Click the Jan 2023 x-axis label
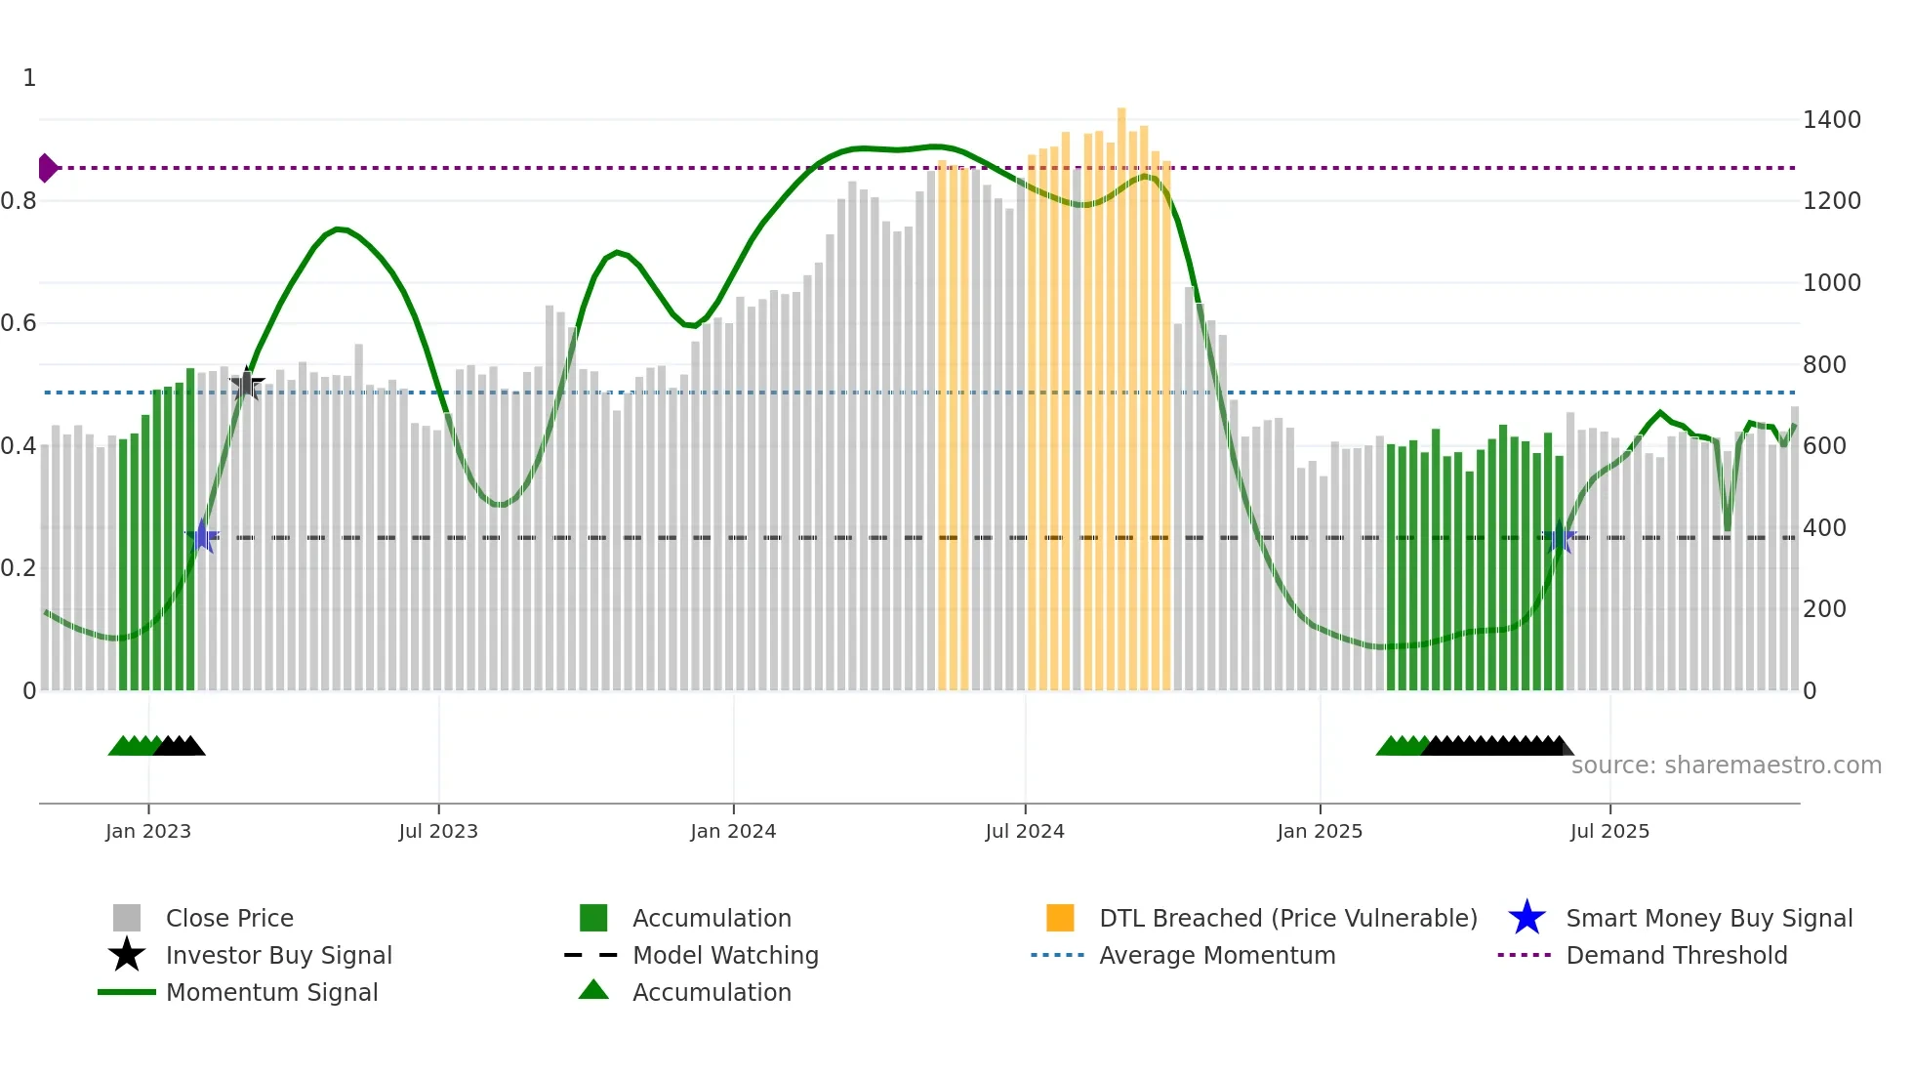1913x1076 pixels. pyautogui.click(x=148, y=831)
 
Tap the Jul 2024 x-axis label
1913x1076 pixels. pyautogui.click(x=1025, y=831)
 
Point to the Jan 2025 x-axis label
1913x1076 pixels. pyautogui.click(x=1320, y=831)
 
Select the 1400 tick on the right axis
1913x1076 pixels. pyautogui.click(x=1831, y=120)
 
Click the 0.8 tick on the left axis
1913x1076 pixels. pyautogui.click(x=19, y=201)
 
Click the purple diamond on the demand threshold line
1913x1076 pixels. pyautogui.click(x=47, y=168)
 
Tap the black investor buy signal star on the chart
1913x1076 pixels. pyautogui.click(x=247, y=385)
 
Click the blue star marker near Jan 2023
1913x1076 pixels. pyautogui.click(x=202, y=536)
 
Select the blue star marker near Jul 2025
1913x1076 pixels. pyautogui.click(x=1560, y=537)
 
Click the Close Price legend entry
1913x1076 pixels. pyautogui.click(x=229, y=918)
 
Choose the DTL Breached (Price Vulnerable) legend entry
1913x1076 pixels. pyautogui.click(x=1287, y=918)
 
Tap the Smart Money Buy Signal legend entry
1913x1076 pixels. pyautogui.click(x=1708, y=918)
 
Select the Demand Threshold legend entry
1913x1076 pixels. pyautogui.click(x=1676, y=955)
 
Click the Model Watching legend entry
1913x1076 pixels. pyautogui.click(x=724, y=955)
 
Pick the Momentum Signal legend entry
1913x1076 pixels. pyautogui.click(x=271, y=992)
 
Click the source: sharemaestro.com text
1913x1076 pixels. pyautogui.click(x=1726, y=765)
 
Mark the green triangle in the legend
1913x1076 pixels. pyautogui.click(x=593, y=990)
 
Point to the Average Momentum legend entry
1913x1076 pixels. pyautogui.click(x=1216, y=955)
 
